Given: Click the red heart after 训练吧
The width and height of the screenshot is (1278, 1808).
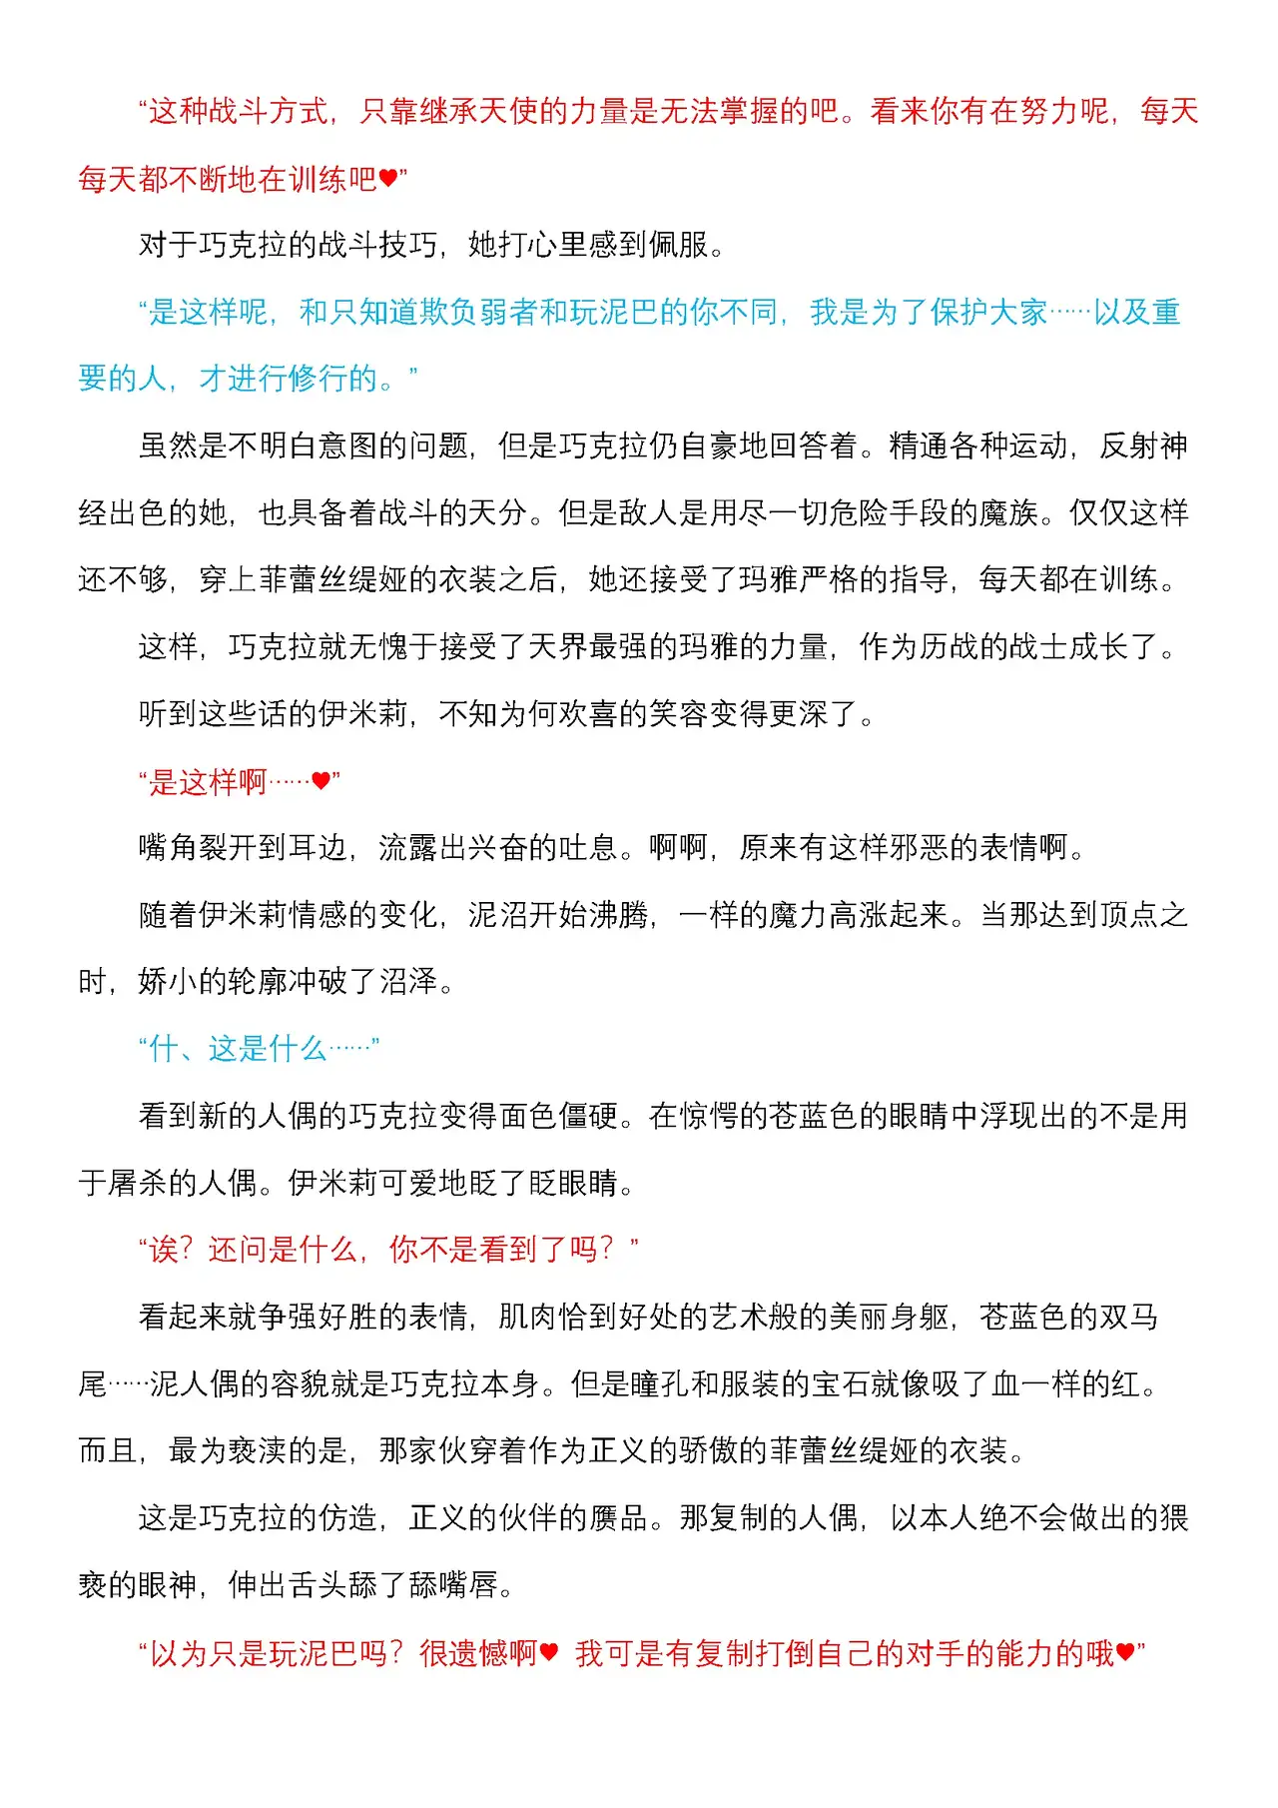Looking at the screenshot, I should tap(388, 180).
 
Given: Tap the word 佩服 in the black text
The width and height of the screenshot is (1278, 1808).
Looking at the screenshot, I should tap(678, 245).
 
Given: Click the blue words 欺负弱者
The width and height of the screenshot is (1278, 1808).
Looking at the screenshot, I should tap(478, 313).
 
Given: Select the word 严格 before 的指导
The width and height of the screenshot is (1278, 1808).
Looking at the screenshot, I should tap(829, 579).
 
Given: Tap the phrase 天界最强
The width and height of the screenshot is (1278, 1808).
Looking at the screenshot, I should tap(588, 647).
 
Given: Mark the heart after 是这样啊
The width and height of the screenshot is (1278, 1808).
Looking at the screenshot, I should tap(320, 781).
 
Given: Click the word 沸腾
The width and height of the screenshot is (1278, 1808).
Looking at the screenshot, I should tap(618, 915).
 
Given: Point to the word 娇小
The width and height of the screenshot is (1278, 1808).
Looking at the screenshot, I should tap(168, 982).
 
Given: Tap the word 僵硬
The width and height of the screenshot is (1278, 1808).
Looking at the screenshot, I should tap(588, 1116).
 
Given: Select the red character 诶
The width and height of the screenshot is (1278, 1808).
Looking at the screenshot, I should tap(164, 1250).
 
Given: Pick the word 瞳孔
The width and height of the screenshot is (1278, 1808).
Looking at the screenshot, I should tap(659, 1384).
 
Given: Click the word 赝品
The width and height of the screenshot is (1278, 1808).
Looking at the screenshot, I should tap(618, 1518).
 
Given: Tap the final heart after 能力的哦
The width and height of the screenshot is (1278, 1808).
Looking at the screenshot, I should tap(1126, 1653).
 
